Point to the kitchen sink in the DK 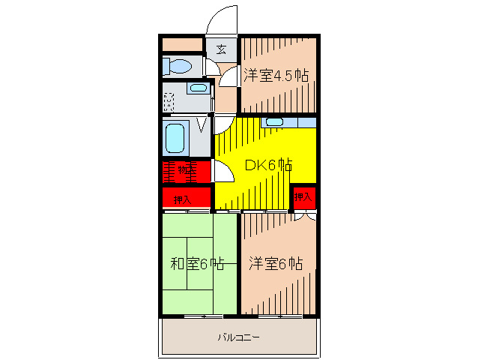tap(274, 122)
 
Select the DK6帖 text tap(268, 166)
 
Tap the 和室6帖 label tap(197, 264)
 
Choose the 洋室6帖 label tap(276, 264)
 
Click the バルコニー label tap(238, 337)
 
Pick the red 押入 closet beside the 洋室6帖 tap(303, 198)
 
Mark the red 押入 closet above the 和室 tap(183, 199)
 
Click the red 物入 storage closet tap(185, 171)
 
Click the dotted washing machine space tap(170, 99)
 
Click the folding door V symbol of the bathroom tap(201, 123)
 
